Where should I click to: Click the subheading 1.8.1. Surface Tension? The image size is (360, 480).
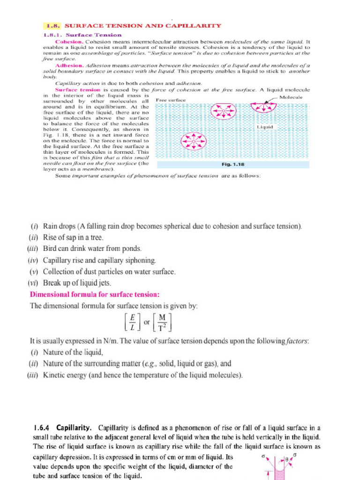pos(82,35)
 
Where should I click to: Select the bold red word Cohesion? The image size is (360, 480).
pos(69,41)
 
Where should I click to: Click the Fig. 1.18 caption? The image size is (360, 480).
pos(232,165)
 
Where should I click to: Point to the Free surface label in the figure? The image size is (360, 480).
pos(171,100)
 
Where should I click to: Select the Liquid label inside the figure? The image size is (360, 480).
pos(265,127)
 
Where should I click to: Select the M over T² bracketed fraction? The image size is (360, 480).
pos(163,322)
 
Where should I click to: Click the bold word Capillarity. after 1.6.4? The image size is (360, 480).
pos(75,428)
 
